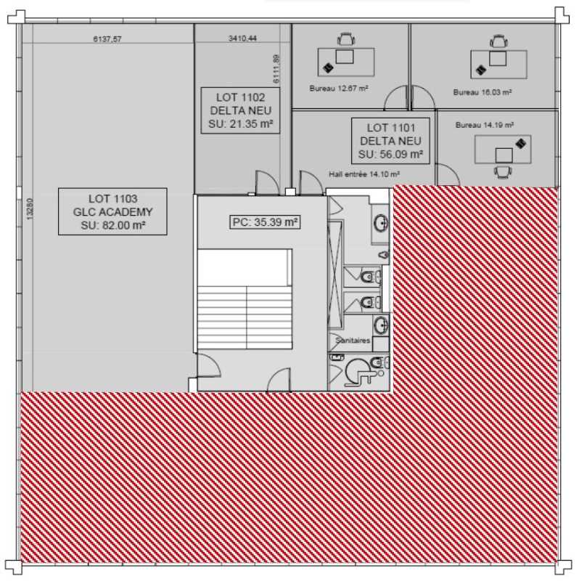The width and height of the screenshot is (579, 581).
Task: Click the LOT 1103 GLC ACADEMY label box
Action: (x=112, y=211)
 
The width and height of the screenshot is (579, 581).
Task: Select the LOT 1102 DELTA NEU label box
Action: (x=240, y=110)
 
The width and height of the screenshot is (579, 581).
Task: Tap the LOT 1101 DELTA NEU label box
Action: (x=390, y=141)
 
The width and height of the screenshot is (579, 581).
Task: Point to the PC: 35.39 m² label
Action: (x=265, y=222)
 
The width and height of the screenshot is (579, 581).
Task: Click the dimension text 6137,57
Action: (x=107, y=38)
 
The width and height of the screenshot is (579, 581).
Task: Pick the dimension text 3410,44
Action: (x=242, y=38)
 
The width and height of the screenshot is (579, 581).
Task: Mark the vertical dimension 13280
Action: (x=30, y=209)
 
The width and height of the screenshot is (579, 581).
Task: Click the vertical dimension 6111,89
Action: (x=276, y=69)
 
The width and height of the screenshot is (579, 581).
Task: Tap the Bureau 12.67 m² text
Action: (x=339, y=89)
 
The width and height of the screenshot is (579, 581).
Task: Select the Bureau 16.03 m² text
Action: (x=482, y=92)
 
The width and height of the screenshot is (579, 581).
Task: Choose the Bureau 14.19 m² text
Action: (x=484, y=125)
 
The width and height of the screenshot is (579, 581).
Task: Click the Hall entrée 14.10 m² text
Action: (x=364, y=174)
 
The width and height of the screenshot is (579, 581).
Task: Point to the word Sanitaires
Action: (x=353, y=340)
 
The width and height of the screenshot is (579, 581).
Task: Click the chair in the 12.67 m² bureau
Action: (x=346, y=39)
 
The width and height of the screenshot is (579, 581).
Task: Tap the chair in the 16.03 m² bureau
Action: (x=498, y=41)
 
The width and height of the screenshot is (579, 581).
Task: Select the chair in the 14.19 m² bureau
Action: (x=503, y=171)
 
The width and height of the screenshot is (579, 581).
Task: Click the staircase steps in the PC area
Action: (x=245, y=317)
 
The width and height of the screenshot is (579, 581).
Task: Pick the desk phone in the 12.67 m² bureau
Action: (x=328, y=68)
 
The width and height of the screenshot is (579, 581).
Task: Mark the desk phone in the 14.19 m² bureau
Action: (x=521, y=143)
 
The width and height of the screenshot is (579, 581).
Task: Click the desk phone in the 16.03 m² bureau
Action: (x=480, y=70)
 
